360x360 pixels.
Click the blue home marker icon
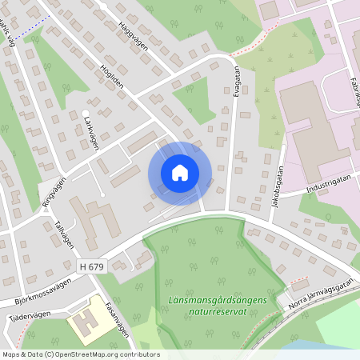(x=179, y=172)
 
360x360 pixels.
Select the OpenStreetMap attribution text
(x=81, y=354)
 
